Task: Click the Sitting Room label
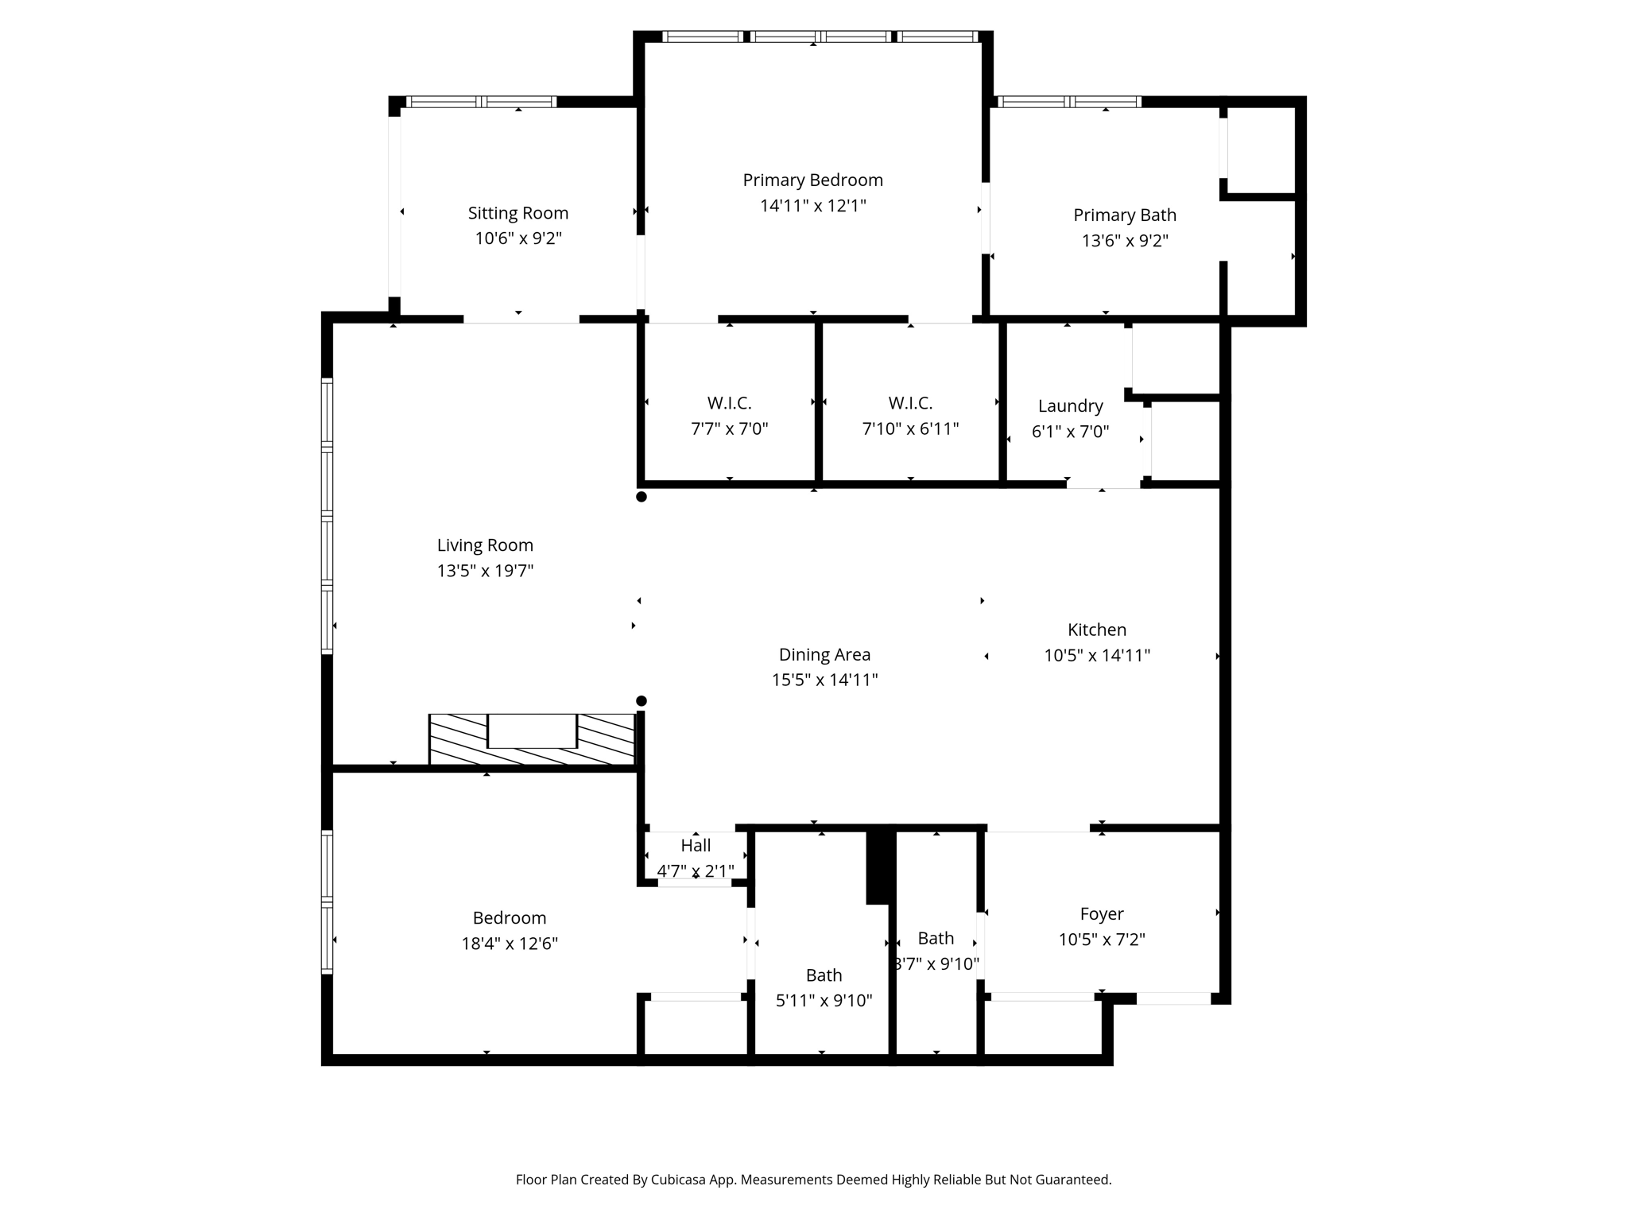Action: (x=518, y=213)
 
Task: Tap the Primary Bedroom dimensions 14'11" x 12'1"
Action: (x=813, y=206)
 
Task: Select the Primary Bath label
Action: (x=1125, y=215)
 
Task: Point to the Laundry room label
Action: (x=1071, y=406)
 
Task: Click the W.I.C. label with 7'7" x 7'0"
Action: (x=730, y=403)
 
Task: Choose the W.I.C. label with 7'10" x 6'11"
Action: (x=911, y=403)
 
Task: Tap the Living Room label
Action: (x=485, y=545)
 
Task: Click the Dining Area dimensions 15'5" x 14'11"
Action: (x=825, y=680)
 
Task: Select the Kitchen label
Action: (x=1097, y=630)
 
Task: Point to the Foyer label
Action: (x=1102, y=914)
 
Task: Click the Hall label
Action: (x=696, y=845)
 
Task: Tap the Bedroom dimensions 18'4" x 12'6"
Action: (x=510, y=944)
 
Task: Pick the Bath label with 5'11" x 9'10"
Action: (x=824, y=975)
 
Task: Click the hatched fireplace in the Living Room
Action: (x=532, y=741)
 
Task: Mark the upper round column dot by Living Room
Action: (x=642, y=497)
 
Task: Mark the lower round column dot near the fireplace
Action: (x=642, y=701)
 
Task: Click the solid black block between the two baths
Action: (x=880, y=866)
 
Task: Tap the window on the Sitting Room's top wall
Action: (x=481, y=102)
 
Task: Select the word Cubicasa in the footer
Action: (x=680, y=1180)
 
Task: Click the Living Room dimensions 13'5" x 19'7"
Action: (x=485, y=571)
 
